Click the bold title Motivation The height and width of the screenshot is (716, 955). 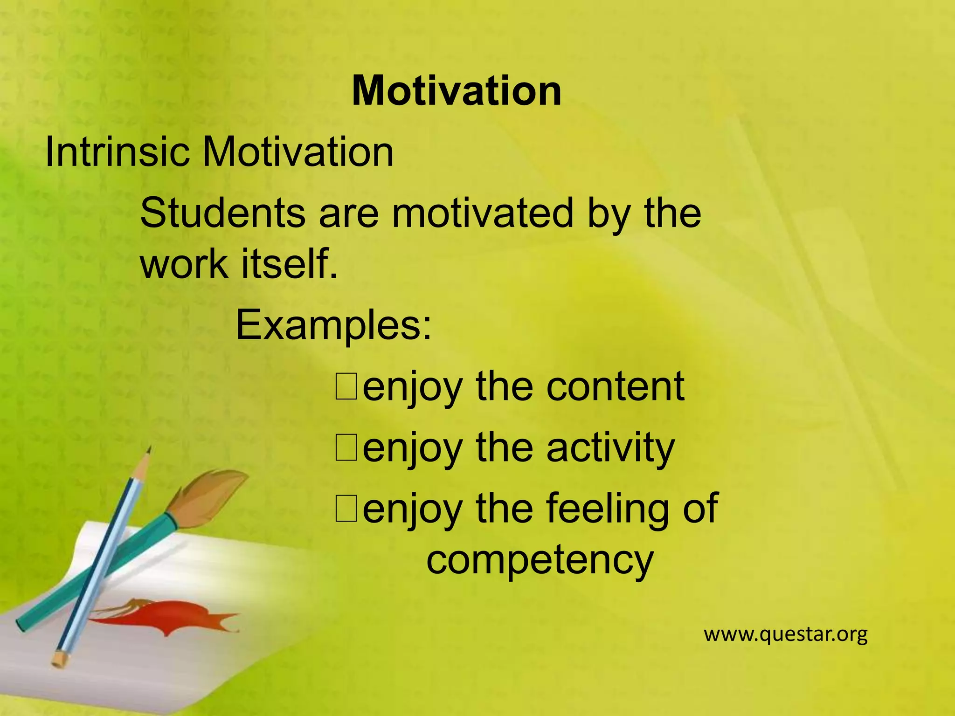click(456, 91)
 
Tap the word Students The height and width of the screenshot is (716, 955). click(222, 213)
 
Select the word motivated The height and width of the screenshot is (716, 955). click(482, 213)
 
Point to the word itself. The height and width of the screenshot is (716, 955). click(289, 264)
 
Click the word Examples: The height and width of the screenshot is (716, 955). click(334, 325)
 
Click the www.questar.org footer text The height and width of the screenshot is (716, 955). click(785, 634)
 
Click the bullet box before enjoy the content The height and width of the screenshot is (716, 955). click(346, 387)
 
